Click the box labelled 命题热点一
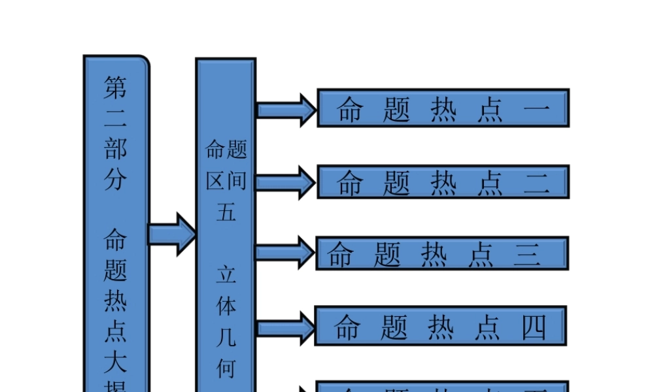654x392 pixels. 443,108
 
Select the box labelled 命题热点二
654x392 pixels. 443,182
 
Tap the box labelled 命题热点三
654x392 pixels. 442,253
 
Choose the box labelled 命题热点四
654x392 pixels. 440,326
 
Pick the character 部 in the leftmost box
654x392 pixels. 116,149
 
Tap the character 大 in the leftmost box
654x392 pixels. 116,361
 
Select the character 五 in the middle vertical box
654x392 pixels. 226,212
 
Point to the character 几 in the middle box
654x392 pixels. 226,337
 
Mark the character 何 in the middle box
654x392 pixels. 226,368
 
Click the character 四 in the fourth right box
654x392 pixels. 534,327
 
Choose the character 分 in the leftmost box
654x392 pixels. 116,180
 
